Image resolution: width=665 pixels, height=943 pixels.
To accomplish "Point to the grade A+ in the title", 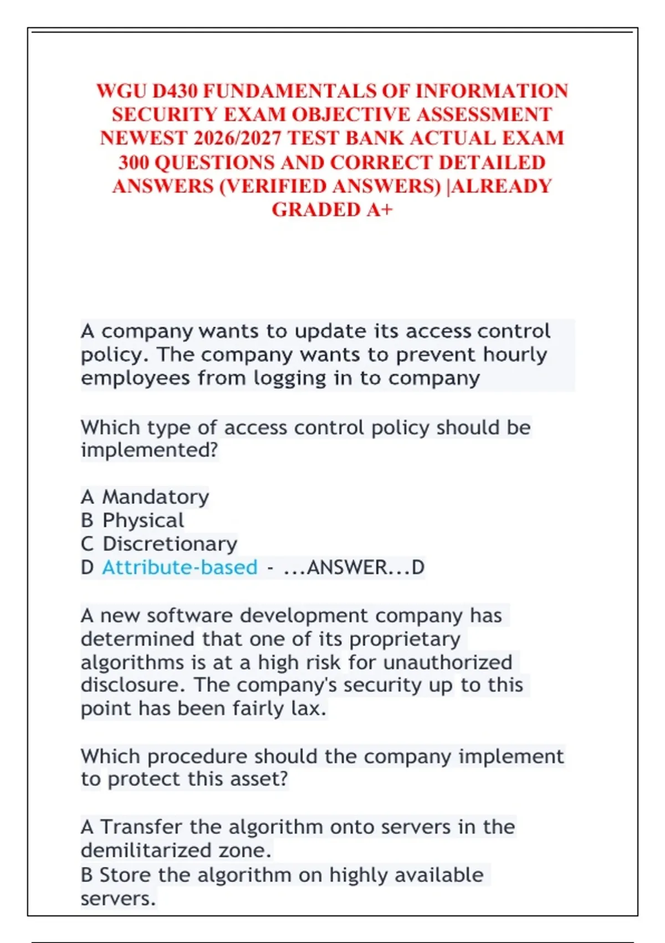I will (x=380, y=210).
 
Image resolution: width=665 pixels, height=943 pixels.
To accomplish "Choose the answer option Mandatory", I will (x=156, y=496).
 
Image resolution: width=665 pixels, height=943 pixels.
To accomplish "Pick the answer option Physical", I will (x=143, y=520).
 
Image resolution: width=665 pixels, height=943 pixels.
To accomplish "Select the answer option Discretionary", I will (x=170, y=544).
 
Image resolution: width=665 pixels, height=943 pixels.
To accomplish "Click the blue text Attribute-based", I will (x=180, y=567).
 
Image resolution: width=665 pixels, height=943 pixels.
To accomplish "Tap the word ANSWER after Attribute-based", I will (x=346, y=567).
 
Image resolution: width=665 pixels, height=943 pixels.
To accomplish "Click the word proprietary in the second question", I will (x=405, y=639).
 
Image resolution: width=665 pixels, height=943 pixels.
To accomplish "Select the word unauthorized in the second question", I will (x=447, y=662).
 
